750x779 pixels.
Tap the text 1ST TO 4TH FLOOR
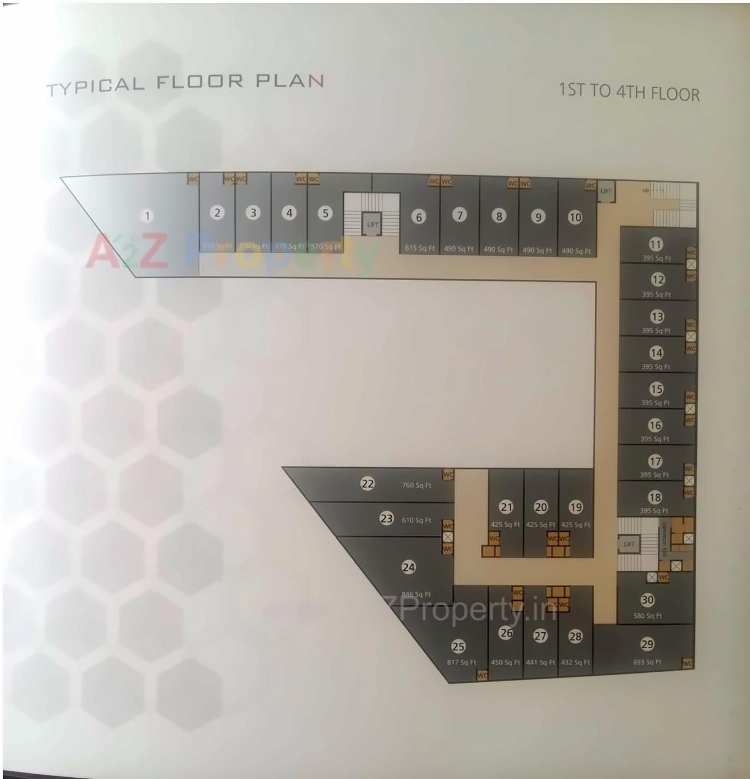pyautogui.click(x=628, y=92)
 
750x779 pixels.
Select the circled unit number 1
pyautogui.click(x=148, y=216)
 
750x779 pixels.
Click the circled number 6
pyautogui.click(x=419, y=217)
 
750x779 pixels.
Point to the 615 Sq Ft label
pyautogui.click(x=420, y=248)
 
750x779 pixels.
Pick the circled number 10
pyautogui.click(x=575, y=217)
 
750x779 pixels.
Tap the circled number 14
pyautogui.click(x=656, y=353)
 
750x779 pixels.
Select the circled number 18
pyautogui.click(x=654, y=497)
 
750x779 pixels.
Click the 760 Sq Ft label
pyautogui.click(x=416, y=485)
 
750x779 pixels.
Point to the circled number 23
pyautogui.click(x=387, y=519)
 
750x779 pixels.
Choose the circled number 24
pyautogui.click(x=408, y=567)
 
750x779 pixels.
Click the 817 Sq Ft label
pyautogui.click(x=461, y=662)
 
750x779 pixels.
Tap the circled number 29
pyautogui.click(x=647, y=644)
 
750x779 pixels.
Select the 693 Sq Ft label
pyautogui.click(x=647, y=662)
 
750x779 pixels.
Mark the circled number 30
pyautogui.click(x=647, y=600)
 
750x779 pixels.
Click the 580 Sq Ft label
pyautogui.click(x=647, y=616)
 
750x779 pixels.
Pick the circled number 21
pyautogui.click(x=506, y=507)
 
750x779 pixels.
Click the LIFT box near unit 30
pyautogui.click(x=629, y=544)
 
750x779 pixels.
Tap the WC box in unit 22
pyautogui.click(x=448, y=475)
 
